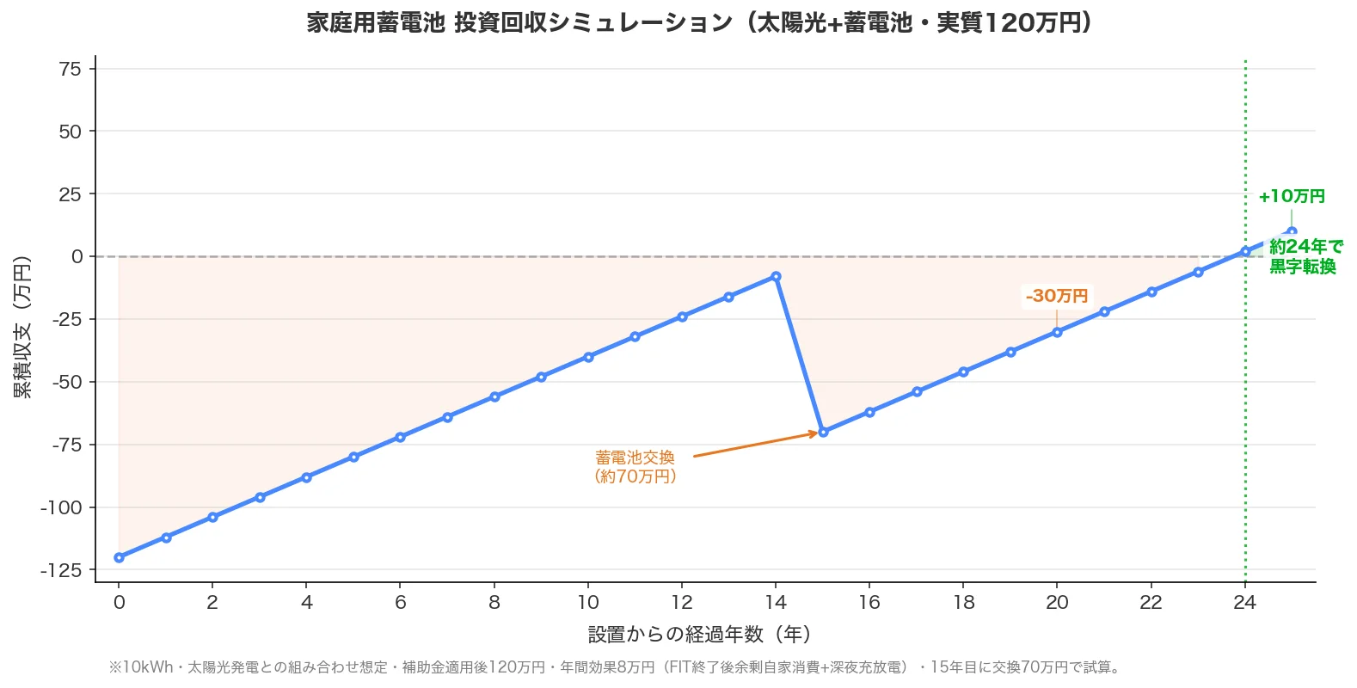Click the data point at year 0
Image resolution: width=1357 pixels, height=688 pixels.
pyautogui.click(x=119, y=557)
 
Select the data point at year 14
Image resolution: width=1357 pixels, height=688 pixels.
pyautogui.click(x=776, y=277)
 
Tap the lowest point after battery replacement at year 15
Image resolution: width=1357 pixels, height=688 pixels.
pyautogui.click(x=823, y=432)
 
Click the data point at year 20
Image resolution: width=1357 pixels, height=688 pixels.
pyautogui.click(x=1057, y=332)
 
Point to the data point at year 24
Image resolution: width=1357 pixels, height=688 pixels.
pyautogui.click(x=1244, y=252)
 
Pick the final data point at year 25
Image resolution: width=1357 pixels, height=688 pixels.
pyautogui.click(x=1292, y=231)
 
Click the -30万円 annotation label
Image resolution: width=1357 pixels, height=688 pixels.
pyautogui.click(x=1057, y=296)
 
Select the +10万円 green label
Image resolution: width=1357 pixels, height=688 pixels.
pyautogui.click(x=1291, y=196)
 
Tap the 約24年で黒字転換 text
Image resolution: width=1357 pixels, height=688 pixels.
pyautogui.click(x=1303, y=256)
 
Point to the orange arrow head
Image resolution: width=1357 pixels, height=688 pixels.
pyautogui.click(x=814, y=433)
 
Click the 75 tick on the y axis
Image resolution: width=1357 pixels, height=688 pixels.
pyautogui.click(x=71, y=69)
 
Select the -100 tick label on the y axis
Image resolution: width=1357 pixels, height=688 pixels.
pyautogui.click(x=61, y=507)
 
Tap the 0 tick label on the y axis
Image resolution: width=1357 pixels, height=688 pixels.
pyautogui.click(x=77, y=256)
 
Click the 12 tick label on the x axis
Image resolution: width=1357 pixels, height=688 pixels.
pyautogui.click(x=682, y=602)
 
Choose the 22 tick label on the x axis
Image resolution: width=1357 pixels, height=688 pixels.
pyautogui.click(x=1151, y=602)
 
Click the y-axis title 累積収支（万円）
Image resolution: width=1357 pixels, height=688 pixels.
pyautogui.click(x=22, y=327)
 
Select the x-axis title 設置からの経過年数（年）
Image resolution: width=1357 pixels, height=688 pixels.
pyautogui.click(x=699, y=635)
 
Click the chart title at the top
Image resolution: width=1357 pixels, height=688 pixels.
pyautogui.click(x=699, y=22)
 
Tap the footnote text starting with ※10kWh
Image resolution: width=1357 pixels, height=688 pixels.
pyautogui.click(x=616, y=667)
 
